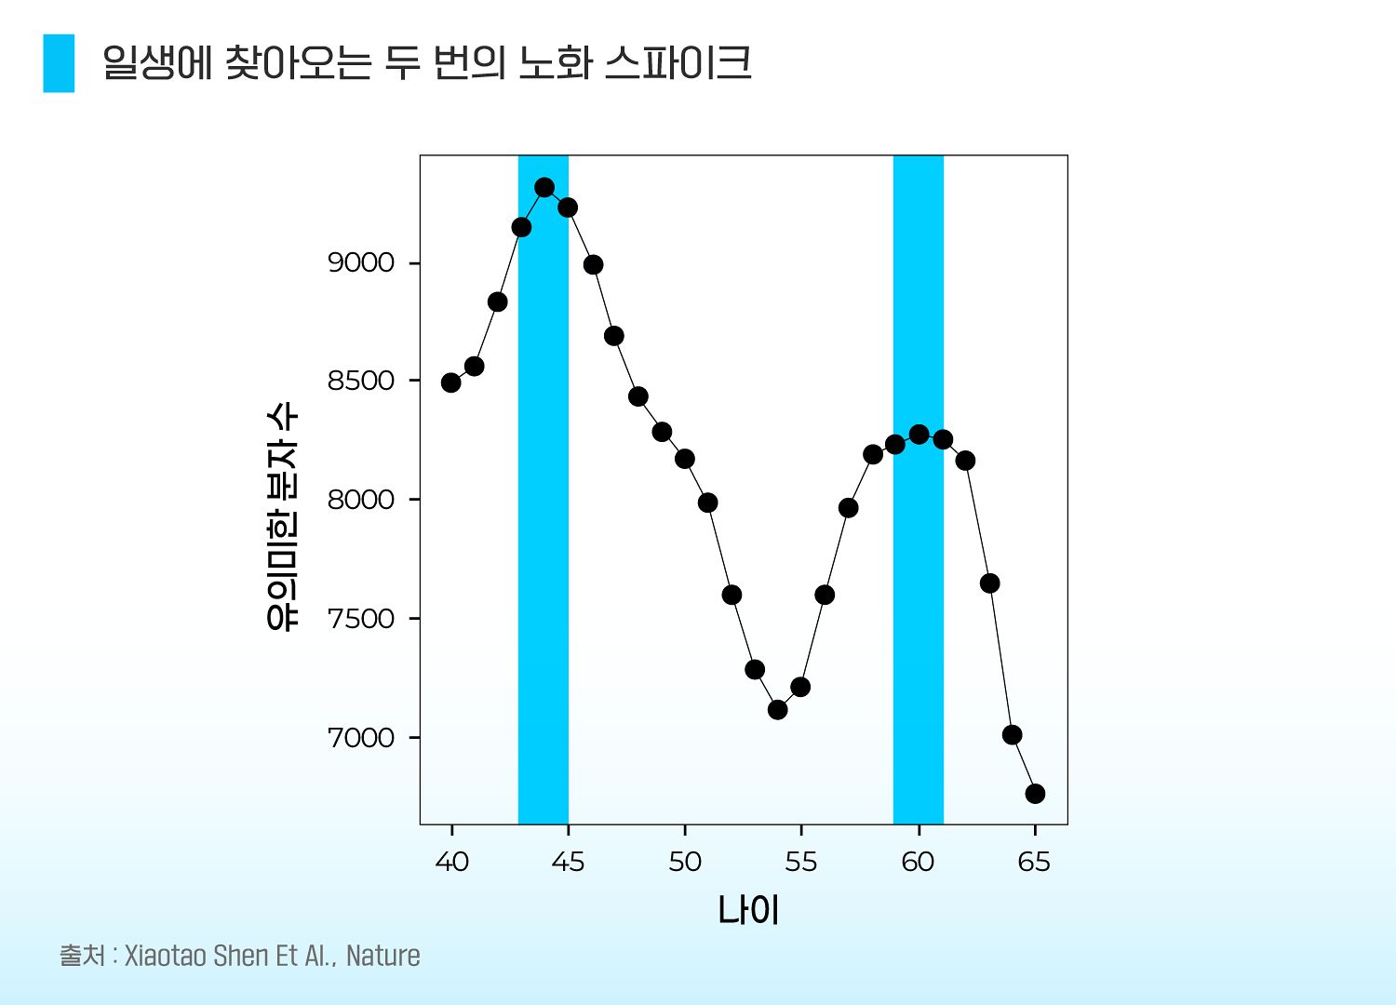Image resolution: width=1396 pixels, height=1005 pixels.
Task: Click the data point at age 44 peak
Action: click(544, 187)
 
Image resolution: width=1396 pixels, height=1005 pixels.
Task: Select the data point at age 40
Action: click(451, 382)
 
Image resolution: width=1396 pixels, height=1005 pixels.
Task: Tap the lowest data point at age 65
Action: click(1035, 793)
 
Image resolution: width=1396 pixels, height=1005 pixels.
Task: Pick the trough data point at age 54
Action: click(778, 709)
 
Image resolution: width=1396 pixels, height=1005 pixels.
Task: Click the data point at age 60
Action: click(919, 435)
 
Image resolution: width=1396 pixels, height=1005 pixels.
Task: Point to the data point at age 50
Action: click(685, 459)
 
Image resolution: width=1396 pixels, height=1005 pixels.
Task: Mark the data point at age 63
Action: click(989, 583)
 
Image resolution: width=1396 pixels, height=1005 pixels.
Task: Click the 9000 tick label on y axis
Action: click(361, 263)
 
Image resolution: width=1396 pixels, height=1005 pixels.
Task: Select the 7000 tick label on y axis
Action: click(361, 738)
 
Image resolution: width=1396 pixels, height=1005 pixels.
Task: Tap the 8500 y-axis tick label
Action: click(361, 382)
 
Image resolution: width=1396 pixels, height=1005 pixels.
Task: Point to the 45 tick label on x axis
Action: click(568, 863)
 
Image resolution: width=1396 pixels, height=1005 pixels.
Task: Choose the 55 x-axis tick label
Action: click(800, 863)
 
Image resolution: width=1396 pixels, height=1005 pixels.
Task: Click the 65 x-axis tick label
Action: click(1034, 863)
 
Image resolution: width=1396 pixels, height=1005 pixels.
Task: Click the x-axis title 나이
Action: click(747, 910)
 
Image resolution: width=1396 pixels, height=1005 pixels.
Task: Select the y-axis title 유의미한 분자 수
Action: click(282, 517)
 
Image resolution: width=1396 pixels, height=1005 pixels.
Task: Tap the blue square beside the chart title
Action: click(59, 63)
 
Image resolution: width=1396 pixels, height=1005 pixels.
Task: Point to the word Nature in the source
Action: click(383, 956)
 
